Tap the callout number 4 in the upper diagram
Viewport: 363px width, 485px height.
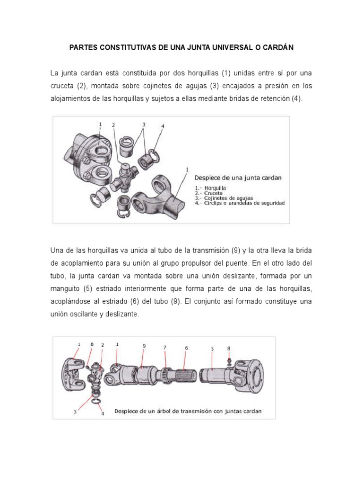[x=163, y=126]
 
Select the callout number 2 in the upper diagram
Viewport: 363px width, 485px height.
[x=113, y=125]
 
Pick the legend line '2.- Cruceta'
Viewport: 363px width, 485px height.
[x=208, y=192]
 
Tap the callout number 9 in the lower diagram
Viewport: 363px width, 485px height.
[x=144, y=346]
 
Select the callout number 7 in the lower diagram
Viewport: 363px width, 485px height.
[x=165, y=347]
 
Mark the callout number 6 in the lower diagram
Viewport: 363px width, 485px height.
[x=186, y=347]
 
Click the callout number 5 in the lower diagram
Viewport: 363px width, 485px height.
[x=212, y=348]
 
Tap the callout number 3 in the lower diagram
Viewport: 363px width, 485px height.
[x=75, y=412]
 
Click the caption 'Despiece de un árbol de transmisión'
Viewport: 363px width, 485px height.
[x=188, y=411]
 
